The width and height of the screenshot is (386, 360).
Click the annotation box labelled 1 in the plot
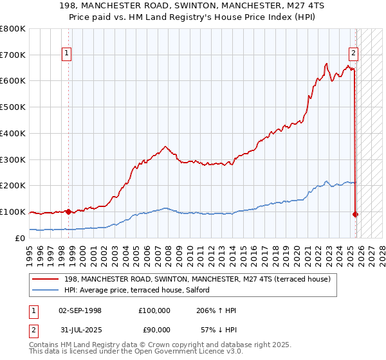68,53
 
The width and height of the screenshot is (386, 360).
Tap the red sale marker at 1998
68,212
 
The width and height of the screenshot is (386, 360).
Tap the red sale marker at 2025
355,214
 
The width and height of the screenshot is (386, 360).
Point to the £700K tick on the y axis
13,55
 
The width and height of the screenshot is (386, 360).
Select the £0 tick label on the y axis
19,238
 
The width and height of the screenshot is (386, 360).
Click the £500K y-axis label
13,107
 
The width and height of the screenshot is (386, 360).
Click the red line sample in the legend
46,279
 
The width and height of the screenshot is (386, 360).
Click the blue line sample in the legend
46,290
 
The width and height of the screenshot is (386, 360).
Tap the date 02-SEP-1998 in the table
80,310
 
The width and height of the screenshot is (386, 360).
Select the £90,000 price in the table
154,329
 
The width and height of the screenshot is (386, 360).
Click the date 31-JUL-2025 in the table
80,329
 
